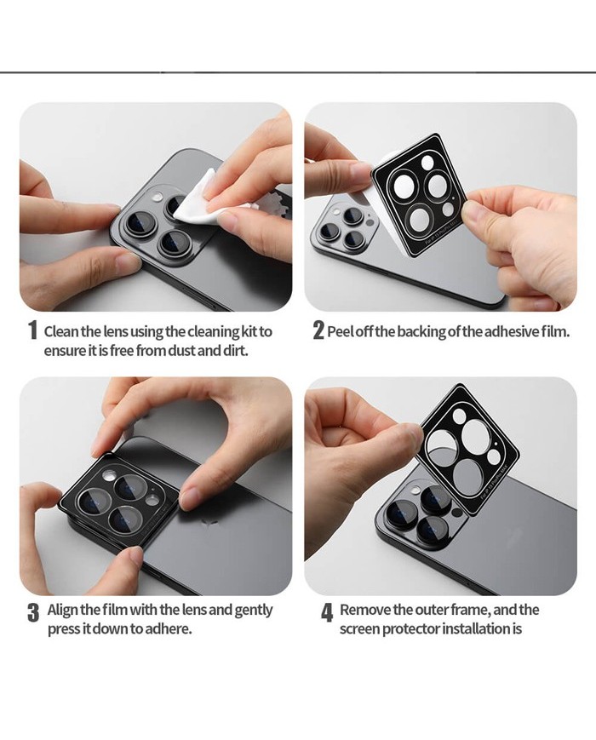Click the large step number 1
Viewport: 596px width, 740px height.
click(32, 330)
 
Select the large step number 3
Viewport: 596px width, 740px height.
click(33, 612)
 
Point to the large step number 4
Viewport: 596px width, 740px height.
click(327, 612)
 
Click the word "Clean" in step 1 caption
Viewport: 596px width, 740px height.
click(61, 332)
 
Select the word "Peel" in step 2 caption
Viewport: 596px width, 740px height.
click(339, 332)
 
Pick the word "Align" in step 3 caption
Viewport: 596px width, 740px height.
click(63, 610)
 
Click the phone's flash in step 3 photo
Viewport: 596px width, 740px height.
click(110, 476)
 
